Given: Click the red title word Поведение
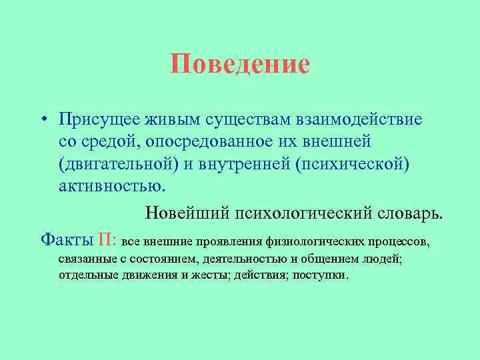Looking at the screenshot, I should click(x=240, y=65).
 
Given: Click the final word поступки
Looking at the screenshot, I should click(x=323, y=275).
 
